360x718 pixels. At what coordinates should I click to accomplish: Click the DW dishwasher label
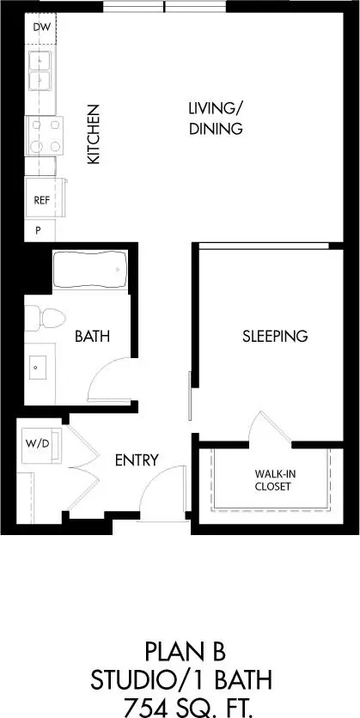(x=40, y=27)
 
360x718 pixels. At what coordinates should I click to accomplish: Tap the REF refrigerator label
(x=41, y=200)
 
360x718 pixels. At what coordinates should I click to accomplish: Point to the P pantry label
(x=38, y=230)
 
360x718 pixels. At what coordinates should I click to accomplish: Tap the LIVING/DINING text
(x=216, y=119)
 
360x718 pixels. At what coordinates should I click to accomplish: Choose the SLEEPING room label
(x=274, y=336)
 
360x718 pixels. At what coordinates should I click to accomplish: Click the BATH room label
(x=93, y=336)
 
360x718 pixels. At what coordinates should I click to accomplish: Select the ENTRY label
(x=137, y=460)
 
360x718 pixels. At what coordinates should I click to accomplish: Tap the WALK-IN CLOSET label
(x=272, y=479)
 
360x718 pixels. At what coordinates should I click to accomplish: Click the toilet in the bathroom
(x=48, y=319)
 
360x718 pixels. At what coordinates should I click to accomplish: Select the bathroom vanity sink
(x=37, y=369)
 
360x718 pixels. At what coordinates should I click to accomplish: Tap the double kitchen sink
(x=40, y=71)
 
